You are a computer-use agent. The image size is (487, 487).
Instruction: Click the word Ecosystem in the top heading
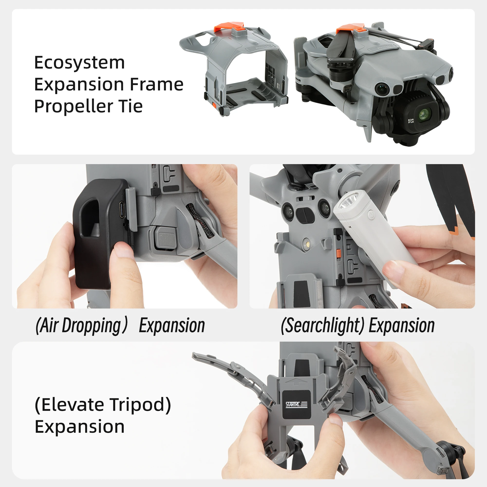pos(79,63)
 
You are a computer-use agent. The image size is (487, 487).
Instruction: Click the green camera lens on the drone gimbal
pos(422,114)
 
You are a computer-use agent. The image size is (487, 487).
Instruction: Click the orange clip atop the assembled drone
pos(350,28)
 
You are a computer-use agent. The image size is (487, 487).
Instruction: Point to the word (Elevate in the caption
pos(70,405)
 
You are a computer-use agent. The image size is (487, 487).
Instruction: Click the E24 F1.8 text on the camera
pos(411,121)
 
